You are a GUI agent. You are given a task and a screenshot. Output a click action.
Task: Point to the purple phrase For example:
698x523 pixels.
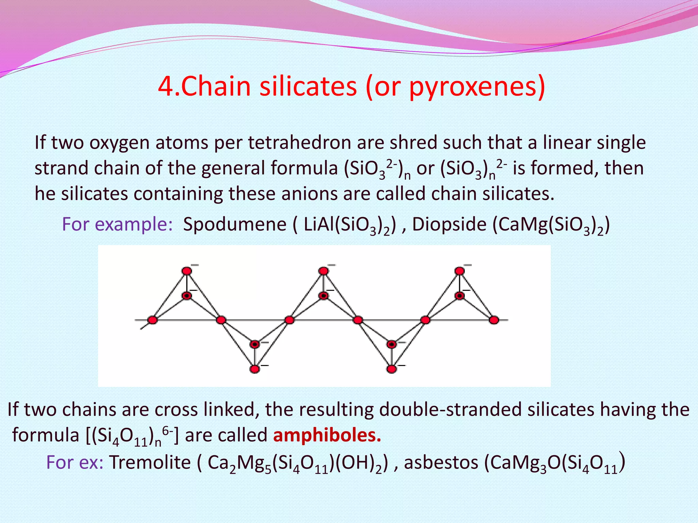(117, 225)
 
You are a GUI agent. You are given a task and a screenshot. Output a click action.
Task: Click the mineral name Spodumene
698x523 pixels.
(234, 225)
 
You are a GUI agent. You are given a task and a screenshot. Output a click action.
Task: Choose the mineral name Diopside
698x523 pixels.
(449, 225)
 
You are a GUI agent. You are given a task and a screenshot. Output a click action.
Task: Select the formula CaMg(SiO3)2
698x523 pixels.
(551, 225)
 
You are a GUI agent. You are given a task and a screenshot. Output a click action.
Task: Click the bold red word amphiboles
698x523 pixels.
(327, 435)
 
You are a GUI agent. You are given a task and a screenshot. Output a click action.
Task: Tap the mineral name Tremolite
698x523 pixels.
(150, 463)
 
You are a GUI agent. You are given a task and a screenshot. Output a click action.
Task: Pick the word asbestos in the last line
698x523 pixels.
(441, 463)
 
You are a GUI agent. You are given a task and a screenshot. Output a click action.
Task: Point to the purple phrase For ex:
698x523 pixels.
(75, 463)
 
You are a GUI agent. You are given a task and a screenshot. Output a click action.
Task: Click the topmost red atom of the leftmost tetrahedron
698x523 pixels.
(186, 271)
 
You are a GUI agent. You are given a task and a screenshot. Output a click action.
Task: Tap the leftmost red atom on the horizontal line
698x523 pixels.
(152, 320)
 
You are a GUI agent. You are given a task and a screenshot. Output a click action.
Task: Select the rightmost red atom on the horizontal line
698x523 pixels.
(494, 320)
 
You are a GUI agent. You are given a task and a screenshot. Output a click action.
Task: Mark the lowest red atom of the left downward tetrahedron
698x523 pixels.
(255, 369)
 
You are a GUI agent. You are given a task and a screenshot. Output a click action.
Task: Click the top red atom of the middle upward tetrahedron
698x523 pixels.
(323, 271)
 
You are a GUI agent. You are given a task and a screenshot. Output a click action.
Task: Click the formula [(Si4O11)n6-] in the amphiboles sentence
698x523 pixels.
(131, 436)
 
